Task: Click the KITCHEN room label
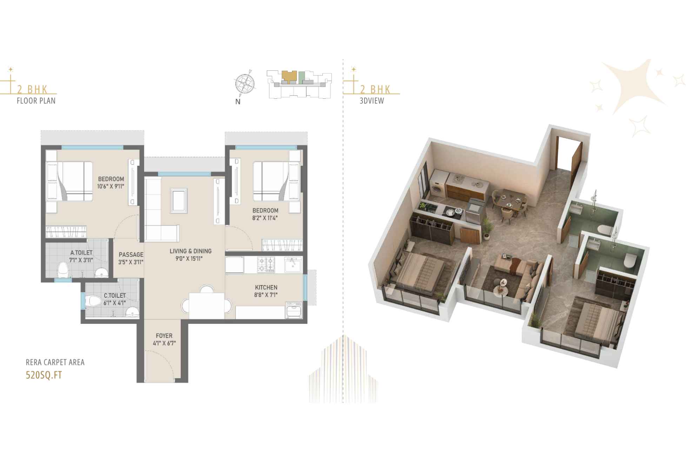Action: [x=266, y=288]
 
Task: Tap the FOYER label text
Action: [x=164, y=336]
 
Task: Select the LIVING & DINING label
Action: [x=191, y=251]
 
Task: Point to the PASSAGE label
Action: [x=131, y=254]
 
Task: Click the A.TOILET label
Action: [x=81, y=253]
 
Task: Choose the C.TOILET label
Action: [x=115, y=296]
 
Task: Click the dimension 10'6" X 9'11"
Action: [x=111, y=187]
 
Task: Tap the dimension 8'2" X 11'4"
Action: [x=265, y=218]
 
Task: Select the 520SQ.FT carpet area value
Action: [x=44, y=375]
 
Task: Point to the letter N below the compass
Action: [x=238, y=102]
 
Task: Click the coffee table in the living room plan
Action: [x=179, y=201]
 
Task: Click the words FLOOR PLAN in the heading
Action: [x=36, y=101]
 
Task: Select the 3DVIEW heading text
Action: [x=372, y=101]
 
